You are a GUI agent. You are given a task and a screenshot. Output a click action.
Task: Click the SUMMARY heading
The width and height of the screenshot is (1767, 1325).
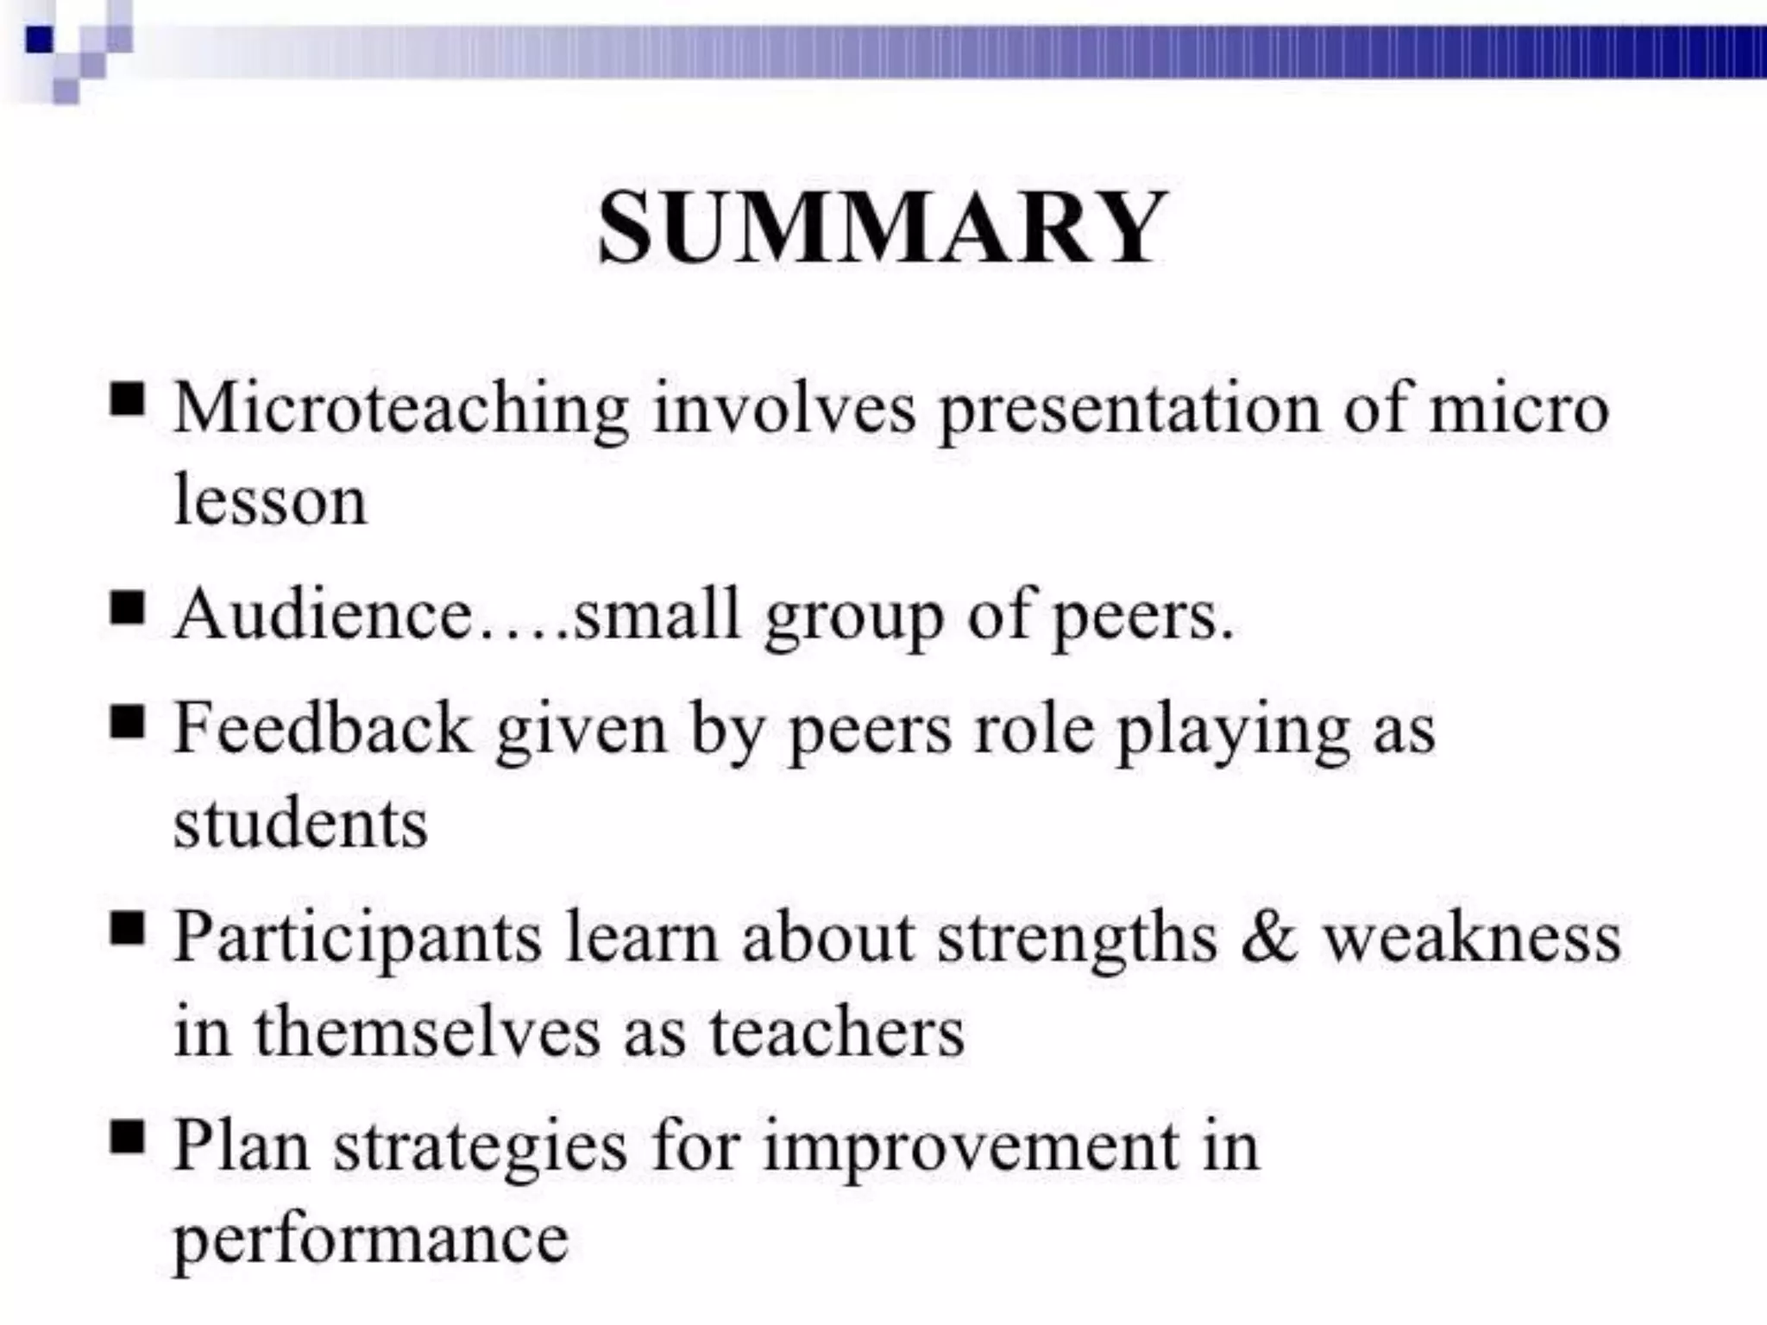click(x=882, y=228)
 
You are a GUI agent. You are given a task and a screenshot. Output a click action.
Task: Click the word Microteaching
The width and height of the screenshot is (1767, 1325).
click(x=400, y=407)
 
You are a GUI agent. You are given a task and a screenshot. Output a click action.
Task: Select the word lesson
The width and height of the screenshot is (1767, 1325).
click(x=270, y=500)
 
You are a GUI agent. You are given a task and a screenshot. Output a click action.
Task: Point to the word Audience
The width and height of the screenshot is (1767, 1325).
click(x=323, y=614)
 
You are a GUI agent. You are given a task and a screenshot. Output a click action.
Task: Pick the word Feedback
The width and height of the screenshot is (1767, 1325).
click(x=323, y=728)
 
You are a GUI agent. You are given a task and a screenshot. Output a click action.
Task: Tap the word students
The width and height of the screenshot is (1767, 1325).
click(x=300, y=823)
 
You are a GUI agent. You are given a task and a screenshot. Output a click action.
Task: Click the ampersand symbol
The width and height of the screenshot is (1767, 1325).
click(x=1269, y=939)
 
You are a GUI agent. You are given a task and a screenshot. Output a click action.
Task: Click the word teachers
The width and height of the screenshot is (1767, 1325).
click(x=836, y=1032)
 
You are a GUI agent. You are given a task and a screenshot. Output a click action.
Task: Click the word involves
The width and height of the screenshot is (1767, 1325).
click(x=784, y=407)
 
